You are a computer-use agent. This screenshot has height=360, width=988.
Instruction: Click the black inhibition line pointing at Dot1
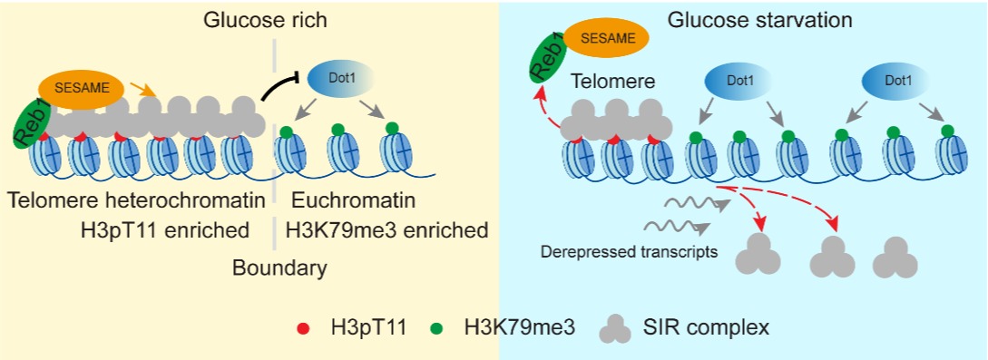click(282, 88)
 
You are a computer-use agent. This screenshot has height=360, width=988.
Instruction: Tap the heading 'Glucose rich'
click(265, 20)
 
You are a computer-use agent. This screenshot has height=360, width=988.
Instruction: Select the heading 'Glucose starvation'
click(760, 20)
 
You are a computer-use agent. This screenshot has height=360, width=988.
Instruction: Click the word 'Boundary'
click(279, 268)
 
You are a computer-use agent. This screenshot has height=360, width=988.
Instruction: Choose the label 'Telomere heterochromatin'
click(134, 201)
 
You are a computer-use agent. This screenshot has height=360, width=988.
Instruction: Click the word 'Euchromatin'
click(353, 201)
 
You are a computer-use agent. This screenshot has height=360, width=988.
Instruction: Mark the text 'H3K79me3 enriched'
click(386, 230)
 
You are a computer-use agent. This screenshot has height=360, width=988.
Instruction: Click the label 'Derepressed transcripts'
click(630, 253)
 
